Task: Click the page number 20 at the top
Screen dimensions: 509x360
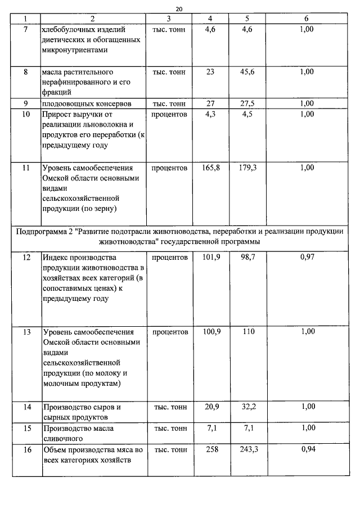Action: [x=179, y=9]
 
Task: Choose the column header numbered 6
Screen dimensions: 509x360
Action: [x=307, y=19]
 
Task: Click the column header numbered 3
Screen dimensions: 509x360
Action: [x=169, y=19]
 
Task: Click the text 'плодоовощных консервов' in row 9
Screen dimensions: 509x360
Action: [x=80, y=104]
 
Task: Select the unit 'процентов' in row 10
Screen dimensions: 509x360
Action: [x=169, y=114]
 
